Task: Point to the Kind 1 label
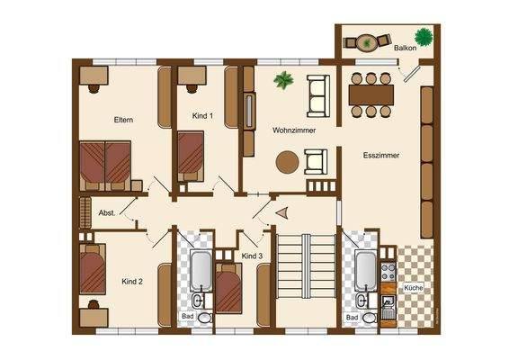click(x=203, y=115)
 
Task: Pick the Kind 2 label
click(x=132, y=282)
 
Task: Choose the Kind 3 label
click(x=253, y=257)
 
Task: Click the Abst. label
click(x=106, y=212)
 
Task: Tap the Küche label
click(x=414, y=287)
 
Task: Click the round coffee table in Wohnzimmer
click(x=287, y=162)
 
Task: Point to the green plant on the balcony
click(x=424, y=38)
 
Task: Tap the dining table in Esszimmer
click(x=371, y=93)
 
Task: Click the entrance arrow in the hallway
click(x=281, y=213)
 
